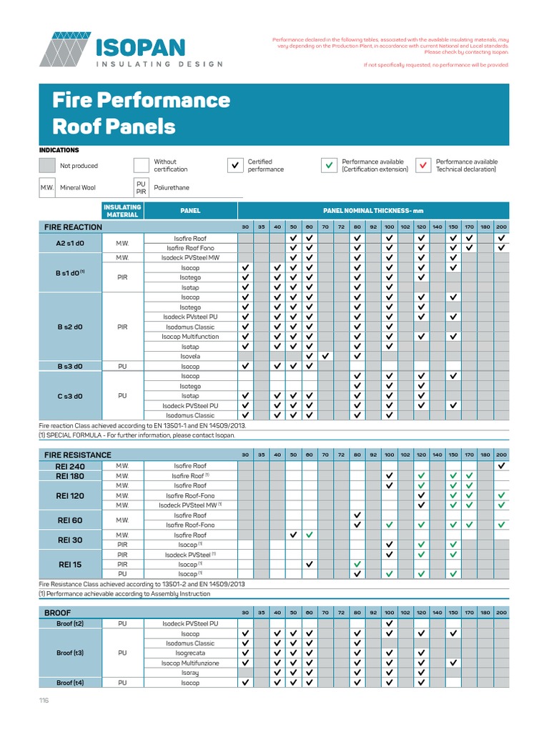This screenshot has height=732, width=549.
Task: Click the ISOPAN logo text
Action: [x=139, y=48]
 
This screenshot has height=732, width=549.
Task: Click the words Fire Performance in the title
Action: [x=141, y=99]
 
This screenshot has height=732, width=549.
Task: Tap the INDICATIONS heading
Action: [x=59, y=150]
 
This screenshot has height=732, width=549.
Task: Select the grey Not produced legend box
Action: [x=47, y=166]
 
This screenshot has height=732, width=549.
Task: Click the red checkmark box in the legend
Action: [x=423, y=166]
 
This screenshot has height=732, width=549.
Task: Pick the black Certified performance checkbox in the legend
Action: [x=235, y=166]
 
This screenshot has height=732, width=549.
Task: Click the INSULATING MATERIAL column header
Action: [x=122, y=211]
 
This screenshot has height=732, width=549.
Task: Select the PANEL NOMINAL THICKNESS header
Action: [x=372, y=211]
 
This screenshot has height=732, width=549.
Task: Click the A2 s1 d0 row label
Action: [x=70, y=243]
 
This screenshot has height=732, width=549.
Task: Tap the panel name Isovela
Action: [x=190, y=356]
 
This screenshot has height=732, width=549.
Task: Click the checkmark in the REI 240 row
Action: [x=501, y=465]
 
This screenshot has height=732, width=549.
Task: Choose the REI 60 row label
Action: [x=70, y=520]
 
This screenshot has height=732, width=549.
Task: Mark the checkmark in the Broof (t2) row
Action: [x=389, y=623]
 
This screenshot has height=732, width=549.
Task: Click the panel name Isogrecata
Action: [x=190, y=653]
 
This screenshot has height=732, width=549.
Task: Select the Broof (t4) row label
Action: [x=70, y=683]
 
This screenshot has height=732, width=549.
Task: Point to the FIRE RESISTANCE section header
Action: [x=78, y=455]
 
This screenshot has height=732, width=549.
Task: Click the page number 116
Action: [x=44, y=701]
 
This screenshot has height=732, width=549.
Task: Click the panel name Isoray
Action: [x=190, y=673]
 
